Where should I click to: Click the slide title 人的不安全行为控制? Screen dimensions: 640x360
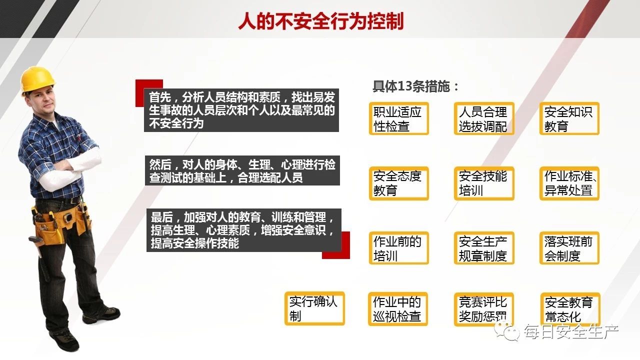pyautogui.click(x=320, y=21)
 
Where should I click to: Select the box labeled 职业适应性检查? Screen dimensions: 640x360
pyautogui.click(x=398, y=118)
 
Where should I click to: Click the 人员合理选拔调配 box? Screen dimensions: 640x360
pyautogui.click(x=484, y=118)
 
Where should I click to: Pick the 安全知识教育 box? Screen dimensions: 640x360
pyautogui.click(x=569, y=118)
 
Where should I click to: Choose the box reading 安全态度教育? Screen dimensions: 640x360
pyautogui.click(x=398, y=183)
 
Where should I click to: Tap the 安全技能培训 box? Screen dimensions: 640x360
pyautogui.click(x=484, y=183)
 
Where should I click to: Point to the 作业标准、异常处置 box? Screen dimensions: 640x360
pyautogui.click(x=569, y=183)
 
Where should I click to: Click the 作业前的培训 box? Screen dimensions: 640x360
pyautogui.click(x=398, y=248)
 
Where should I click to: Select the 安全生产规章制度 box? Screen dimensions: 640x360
pyautogui.click(x=484, y=248)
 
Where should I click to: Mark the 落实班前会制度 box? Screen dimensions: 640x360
pyautogui.click(x=569, y=248)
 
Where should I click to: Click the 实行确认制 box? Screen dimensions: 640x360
pyautogui.click(x=314, y=308)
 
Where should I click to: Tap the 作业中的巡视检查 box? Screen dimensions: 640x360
pyautogui.click(x=397, y=309)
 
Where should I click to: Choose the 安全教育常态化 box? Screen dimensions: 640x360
pyautogui.click(x=570, y=309)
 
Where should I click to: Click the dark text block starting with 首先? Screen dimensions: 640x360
pyautogui.click(x=241, y=110)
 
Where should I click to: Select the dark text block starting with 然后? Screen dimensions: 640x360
pyautogui.click(x=242, y=170)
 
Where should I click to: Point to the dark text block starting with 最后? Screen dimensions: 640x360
pyautogui.click(x=244, y=230)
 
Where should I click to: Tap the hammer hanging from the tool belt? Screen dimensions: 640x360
pyautogui.click(x=38, y=245)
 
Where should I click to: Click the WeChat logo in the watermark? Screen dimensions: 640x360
pyautogui.click(x=506, y=331)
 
